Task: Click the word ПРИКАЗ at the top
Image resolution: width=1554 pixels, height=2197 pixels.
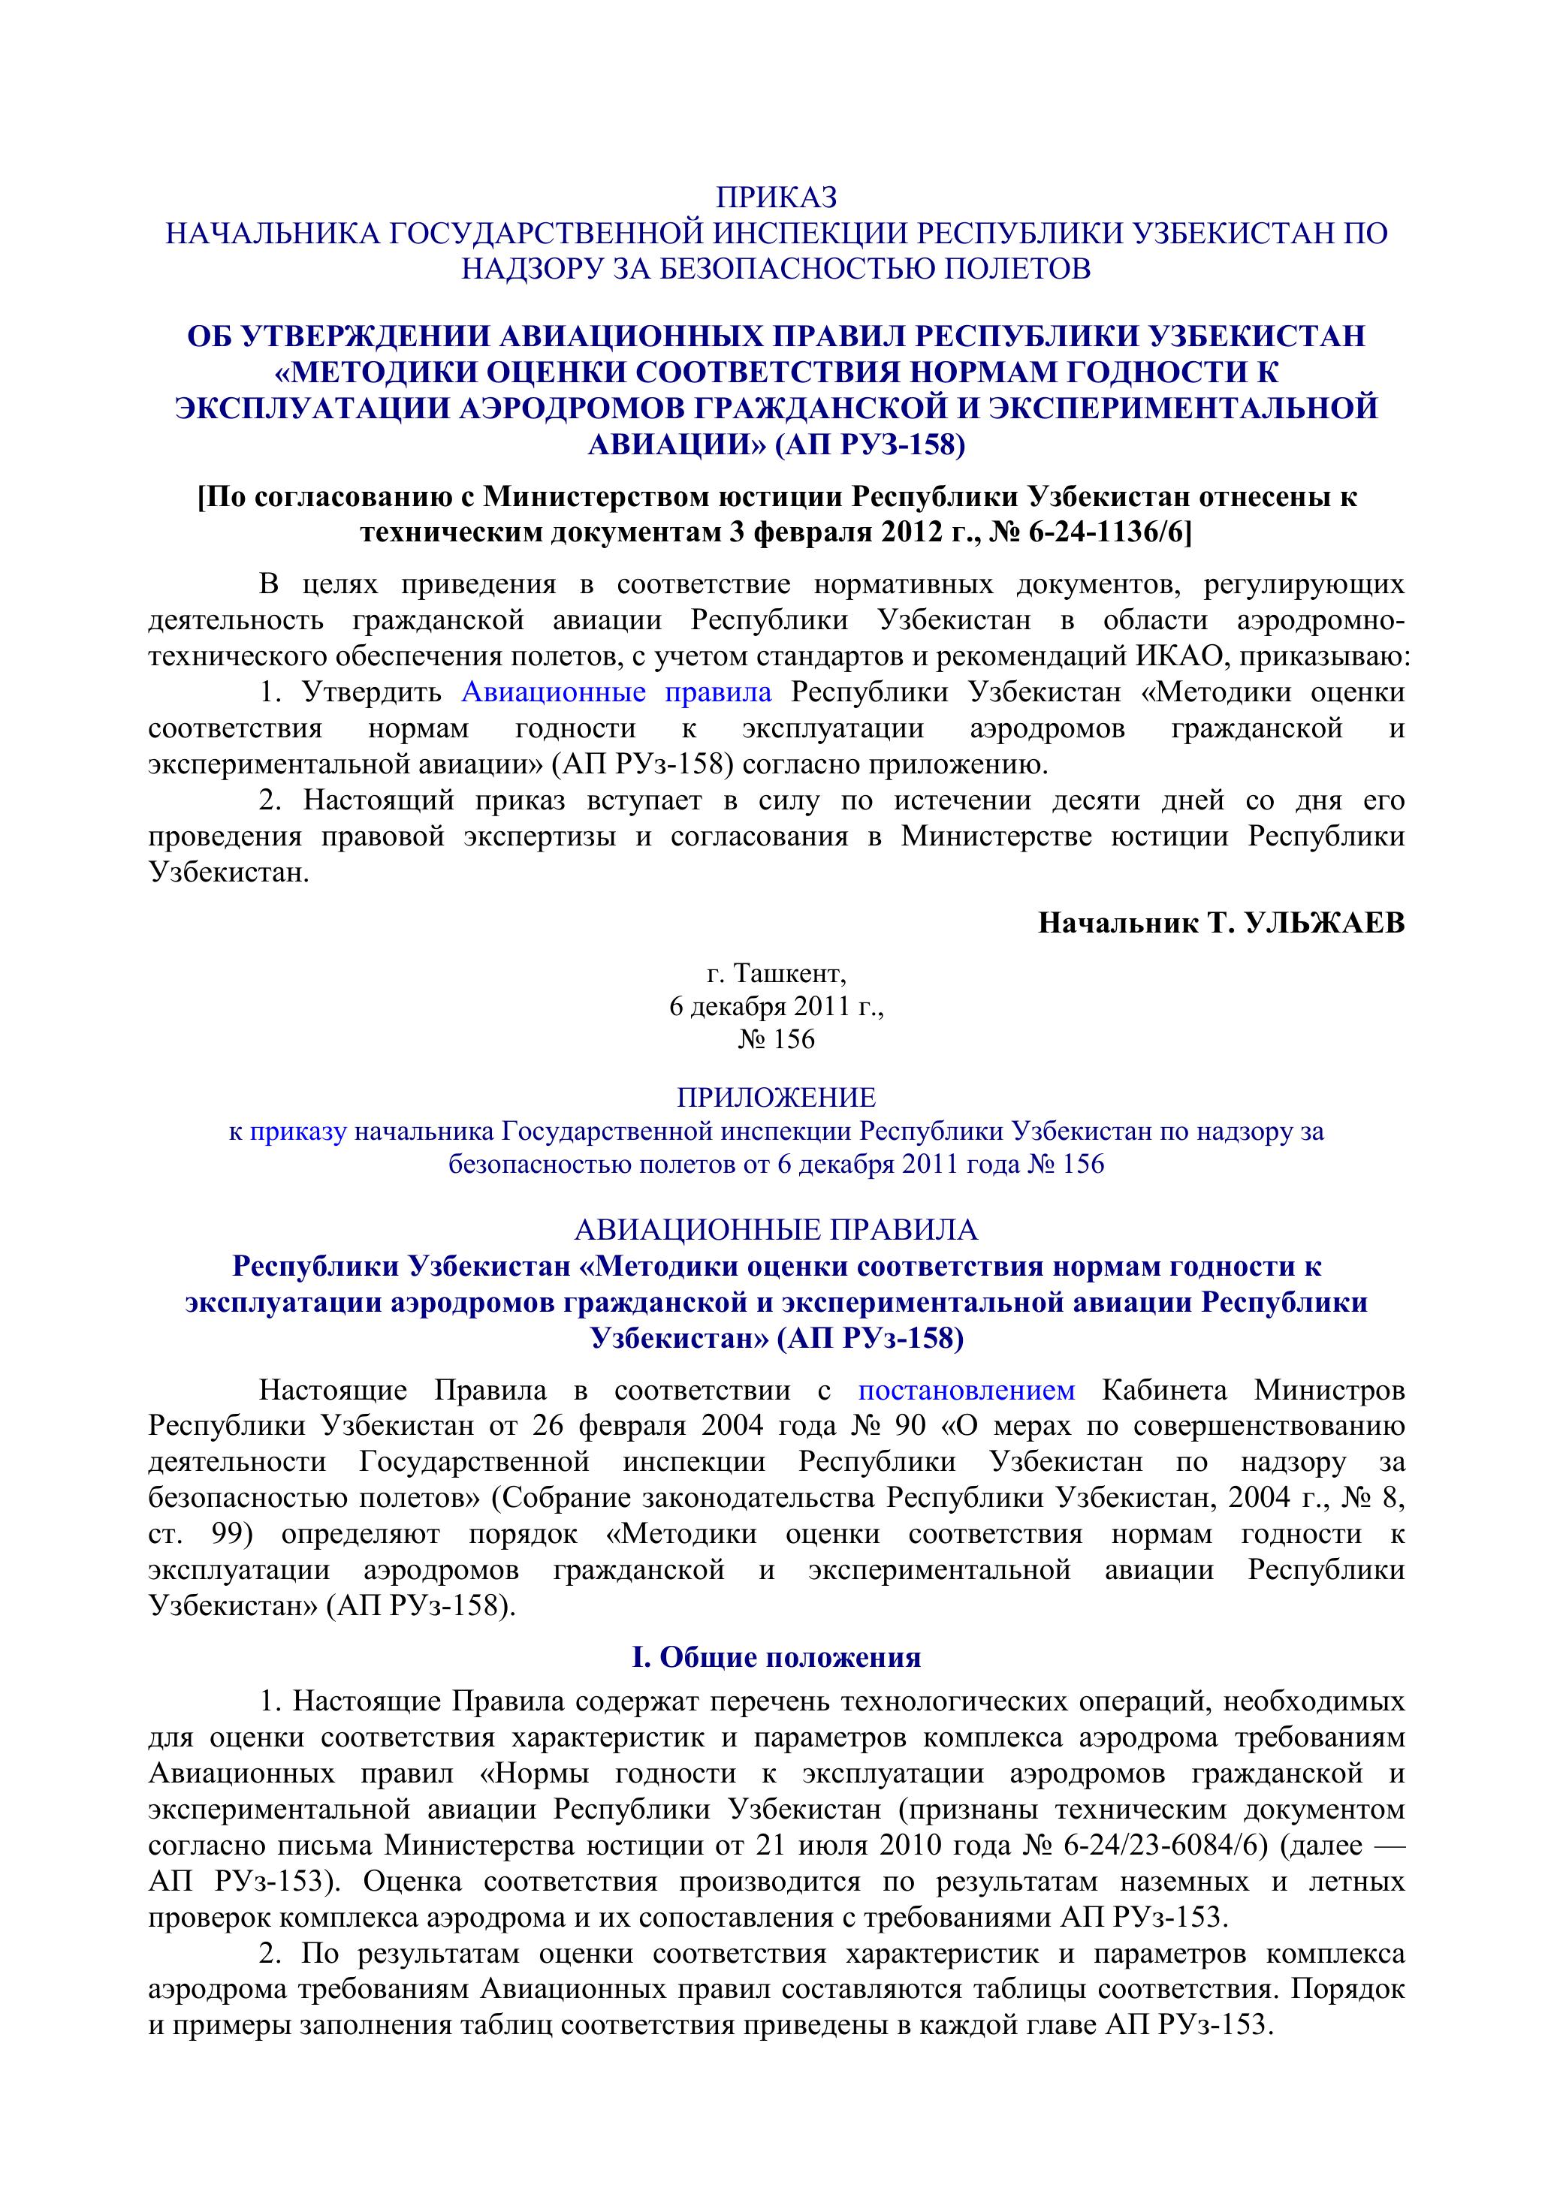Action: point(776,197)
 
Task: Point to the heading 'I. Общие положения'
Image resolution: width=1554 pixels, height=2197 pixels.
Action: point(776,1657)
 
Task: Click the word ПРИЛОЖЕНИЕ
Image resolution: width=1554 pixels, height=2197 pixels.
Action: point(776,1096)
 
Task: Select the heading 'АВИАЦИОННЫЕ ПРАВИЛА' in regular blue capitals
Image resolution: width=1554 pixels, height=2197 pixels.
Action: point(776,1230)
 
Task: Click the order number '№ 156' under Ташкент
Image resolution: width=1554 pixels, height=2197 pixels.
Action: point(776,1039)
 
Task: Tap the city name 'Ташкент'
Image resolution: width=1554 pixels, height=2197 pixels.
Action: point(789,974)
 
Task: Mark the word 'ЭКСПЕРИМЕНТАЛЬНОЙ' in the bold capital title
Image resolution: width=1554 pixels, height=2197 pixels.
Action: point(1181,408)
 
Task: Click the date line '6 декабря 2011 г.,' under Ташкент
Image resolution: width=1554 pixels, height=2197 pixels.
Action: point(776,1007)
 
